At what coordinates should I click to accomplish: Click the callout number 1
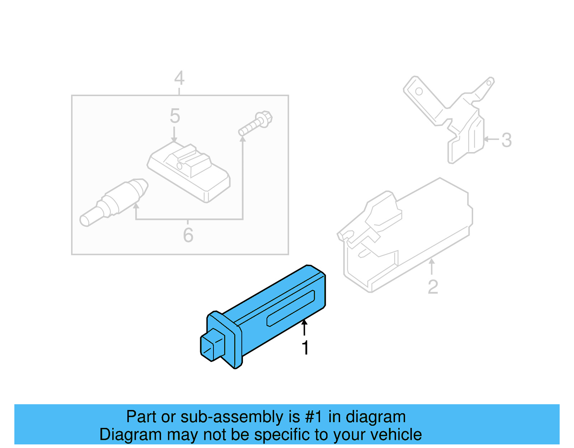(x=305, y=348)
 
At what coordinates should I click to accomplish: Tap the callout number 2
(x=433, y=287)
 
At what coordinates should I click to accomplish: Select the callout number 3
(x=507, y=140)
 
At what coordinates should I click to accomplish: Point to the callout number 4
(x=179, y=78)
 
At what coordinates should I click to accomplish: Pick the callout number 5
(x=175, y=116)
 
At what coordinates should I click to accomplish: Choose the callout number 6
(x=188, y=235)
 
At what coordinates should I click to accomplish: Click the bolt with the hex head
(x=256, y=124)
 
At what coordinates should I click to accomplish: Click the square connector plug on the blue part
(x=212, y=345)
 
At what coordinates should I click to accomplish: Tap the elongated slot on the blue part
(x=291, y=308)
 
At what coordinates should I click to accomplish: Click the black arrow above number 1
(x=305, y=327)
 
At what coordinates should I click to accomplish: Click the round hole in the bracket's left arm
(x=419, y=91)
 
